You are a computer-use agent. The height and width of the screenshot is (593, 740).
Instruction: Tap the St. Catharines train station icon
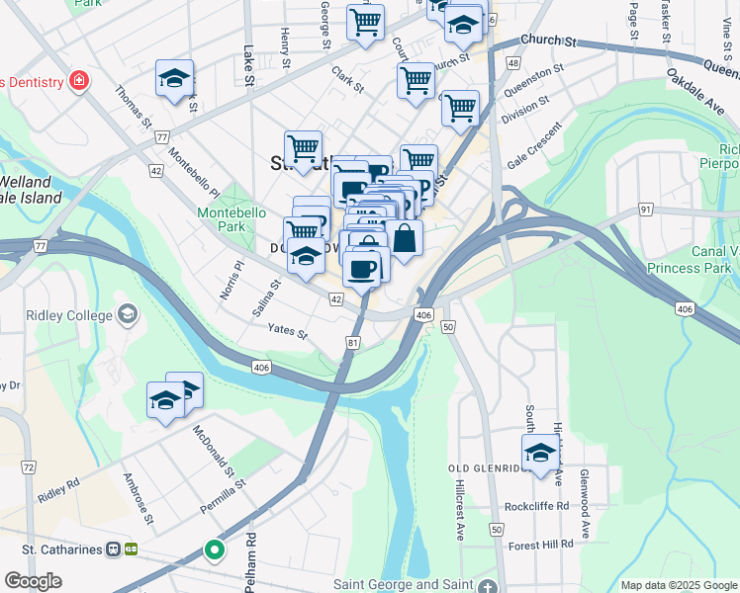(114, 549)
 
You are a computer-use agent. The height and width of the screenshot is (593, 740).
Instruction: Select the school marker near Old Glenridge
(540, 454)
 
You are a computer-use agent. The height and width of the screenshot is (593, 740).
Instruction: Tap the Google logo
(33, 581)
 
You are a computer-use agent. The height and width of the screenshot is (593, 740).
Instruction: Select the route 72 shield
(28, 466)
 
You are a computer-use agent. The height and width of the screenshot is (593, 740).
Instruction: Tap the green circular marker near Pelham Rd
(214, 550)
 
